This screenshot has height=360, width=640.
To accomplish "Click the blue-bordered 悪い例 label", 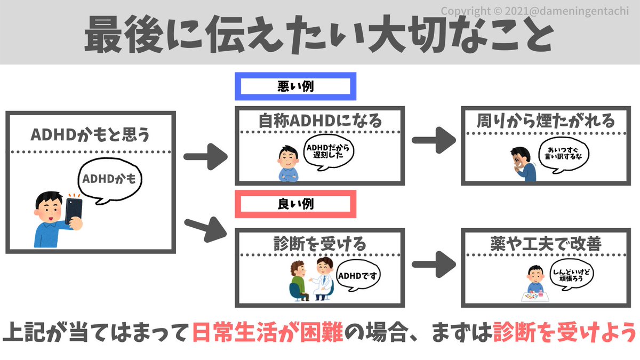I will point(295,89).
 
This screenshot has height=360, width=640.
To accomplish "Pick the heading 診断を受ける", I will point(319,244).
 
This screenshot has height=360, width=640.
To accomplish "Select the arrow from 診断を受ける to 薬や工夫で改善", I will point(434,263).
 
